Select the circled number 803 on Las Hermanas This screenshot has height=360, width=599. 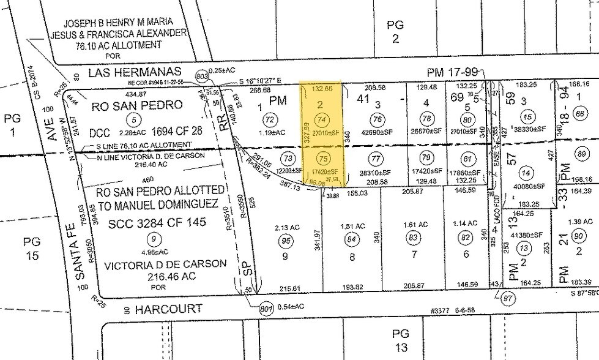[x=200, y=75]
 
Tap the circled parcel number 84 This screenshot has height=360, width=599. [x=351, y=239]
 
